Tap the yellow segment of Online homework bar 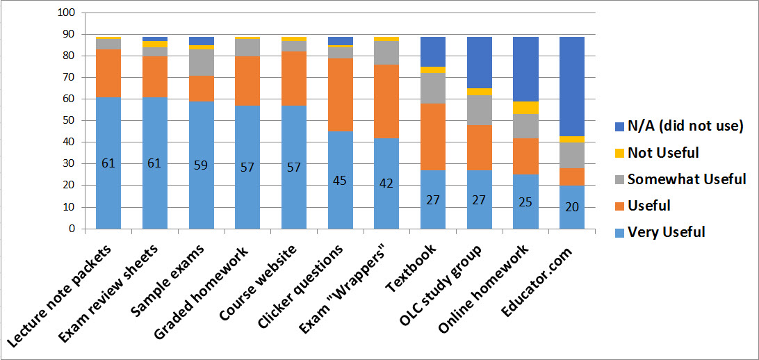(525, 107)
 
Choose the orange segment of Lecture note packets (108, 74)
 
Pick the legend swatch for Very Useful (615, 231)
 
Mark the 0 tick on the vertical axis (71, 229)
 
